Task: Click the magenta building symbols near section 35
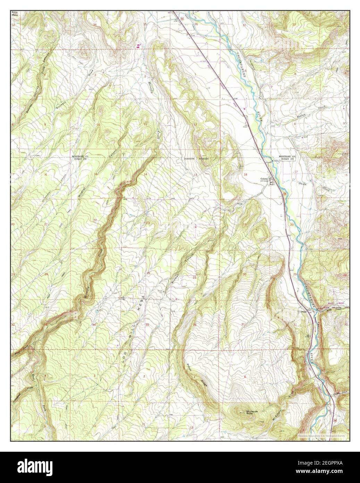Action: click(139, 46)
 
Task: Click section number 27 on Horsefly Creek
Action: click(95, 274)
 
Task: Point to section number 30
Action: click(245, 275)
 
